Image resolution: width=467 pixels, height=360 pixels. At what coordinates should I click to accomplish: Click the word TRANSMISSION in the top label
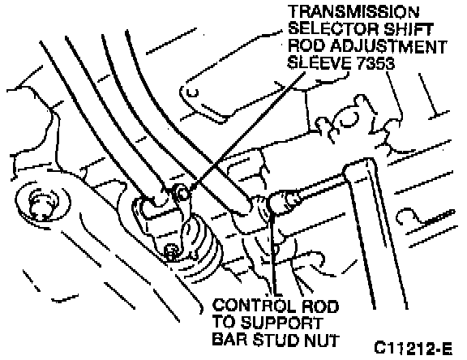point(353,12)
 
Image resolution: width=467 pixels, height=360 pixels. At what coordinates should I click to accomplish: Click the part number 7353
point(372,62)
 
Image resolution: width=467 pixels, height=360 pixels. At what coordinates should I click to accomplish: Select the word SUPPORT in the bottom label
point(282,323)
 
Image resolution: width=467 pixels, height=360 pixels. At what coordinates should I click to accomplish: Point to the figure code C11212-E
point(413,348)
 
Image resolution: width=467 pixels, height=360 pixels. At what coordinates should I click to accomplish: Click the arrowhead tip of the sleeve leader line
point(191,190)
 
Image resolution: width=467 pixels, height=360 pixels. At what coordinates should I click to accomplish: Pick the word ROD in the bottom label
point(320,306)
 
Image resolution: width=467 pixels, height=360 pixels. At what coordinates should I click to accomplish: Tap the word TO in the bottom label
point(224,323)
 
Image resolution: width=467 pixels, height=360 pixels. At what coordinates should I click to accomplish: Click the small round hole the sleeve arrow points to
point(182,194)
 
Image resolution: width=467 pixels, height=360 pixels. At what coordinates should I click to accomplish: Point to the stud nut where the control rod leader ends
point(271,204)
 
